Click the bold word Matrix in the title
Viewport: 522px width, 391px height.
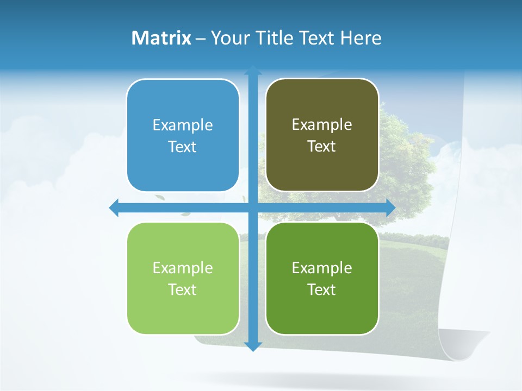[161, 38]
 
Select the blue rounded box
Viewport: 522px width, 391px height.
[183, 136]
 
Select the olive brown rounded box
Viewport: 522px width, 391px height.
[322, 135]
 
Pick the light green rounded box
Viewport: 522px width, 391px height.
[183, 279]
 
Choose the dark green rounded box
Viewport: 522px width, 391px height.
[322, 279]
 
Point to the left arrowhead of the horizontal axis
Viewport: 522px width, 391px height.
[114, 207]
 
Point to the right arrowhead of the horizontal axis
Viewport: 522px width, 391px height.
[390, 207]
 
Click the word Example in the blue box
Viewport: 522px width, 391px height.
[183, 125]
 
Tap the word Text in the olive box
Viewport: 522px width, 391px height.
[322, 147]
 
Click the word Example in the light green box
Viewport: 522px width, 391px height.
[183, 268]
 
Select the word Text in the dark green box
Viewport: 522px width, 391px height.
[322, 289]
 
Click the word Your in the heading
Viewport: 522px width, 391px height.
[228, 38]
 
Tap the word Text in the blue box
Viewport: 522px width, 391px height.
[183, 147]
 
